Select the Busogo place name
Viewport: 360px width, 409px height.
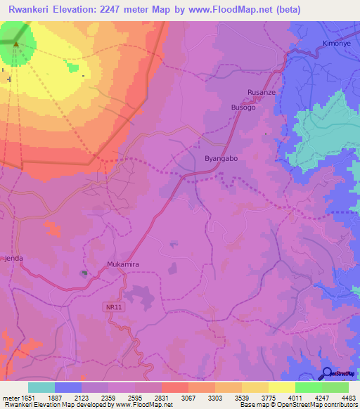point(243,107)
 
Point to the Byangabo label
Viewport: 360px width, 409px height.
point(221,159)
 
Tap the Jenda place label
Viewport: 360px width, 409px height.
point(14,259)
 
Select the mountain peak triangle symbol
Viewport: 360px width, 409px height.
point(15,47)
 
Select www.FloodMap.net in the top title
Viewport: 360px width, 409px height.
point(231,10)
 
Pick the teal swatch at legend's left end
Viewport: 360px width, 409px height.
point(41,387)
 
